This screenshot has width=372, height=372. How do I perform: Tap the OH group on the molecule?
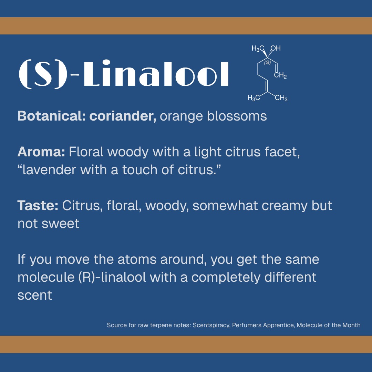tap(276, 49)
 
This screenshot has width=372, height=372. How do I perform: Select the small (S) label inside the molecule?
tap(267, 63)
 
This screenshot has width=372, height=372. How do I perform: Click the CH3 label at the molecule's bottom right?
tap(281, 99)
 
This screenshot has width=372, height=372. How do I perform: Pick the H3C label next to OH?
tap(258, 49)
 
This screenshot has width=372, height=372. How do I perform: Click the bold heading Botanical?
tap(52, 116)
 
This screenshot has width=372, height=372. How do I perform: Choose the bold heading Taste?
tap(38, 206)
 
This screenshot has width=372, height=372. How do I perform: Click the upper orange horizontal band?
tap(186, 26)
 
